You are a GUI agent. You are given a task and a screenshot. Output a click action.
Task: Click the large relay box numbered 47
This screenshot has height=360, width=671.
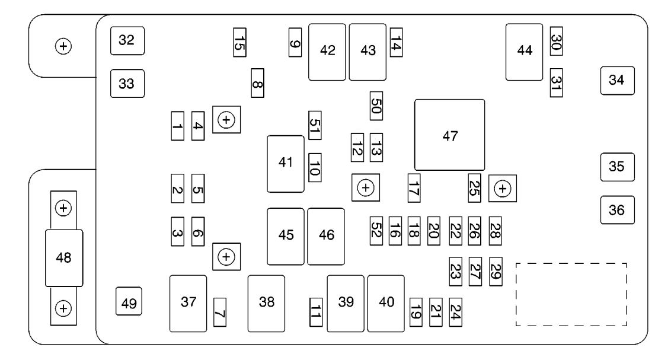point(449,135)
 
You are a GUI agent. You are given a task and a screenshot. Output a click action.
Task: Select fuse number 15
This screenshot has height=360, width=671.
point(239,42)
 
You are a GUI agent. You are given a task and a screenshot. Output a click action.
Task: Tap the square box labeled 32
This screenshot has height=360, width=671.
point(127,41)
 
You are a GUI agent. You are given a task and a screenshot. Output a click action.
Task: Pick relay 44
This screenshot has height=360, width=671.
point(524,52)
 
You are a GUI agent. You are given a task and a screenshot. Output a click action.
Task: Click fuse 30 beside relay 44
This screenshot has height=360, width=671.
point(556,41)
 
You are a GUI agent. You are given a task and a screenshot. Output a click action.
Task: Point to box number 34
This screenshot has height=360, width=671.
point(617,81)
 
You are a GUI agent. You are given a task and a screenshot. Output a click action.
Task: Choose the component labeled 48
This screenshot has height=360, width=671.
point(64,258)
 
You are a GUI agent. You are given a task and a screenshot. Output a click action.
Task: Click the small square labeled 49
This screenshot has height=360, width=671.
point(129,301)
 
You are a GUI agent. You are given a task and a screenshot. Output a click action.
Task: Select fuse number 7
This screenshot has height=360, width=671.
point(219,313)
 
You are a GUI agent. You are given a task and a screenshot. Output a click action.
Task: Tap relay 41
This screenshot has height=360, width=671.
point(286,164)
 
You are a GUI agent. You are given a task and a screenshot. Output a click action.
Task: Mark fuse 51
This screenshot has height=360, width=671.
point(315,125)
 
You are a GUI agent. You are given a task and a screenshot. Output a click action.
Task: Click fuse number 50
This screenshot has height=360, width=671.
point(376,106)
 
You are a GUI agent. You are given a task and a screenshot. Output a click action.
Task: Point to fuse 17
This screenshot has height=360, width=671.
point(414,188)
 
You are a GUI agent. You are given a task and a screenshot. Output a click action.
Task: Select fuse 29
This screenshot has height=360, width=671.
point(496,272)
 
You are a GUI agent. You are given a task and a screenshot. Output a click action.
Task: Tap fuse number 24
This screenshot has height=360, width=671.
point(455,312)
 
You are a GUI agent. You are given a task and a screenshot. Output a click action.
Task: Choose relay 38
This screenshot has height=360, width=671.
point(266,304)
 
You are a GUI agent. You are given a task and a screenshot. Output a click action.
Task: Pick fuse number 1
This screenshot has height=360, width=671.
point(178,126)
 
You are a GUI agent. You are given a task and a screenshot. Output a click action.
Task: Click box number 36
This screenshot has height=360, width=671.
point(617,210)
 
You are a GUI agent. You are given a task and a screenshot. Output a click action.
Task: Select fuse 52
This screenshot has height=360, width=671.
point(376,231)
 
